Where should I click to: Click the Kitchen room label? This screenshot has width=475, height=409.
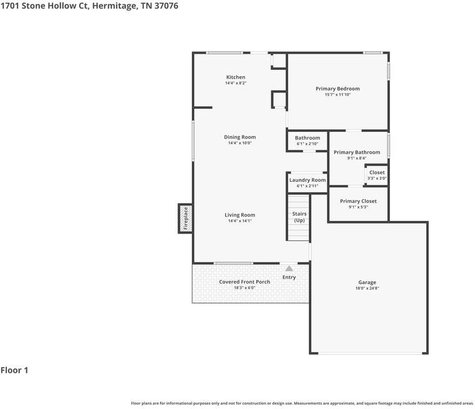(236, 77)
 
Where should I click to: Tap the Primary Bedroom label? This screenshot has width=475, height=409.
(337, 89)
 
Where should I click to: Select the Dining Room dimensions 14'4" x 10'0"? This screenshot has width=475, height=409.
(241, 143)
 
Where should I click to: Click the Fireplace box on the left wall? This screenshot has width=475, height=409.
(185, 219)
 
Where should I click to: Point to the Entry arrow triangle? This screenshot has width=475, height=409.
(289, 269)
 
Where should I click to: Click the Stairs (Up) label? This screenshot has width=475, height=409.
(299, 217)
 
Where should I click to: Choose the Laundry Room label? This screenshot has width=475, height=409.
(307, 180)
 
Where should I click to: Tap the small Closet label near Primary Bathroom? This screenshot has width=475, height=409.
(377, 172)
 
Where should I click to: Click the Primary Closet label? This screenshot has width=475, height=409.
(358, 201)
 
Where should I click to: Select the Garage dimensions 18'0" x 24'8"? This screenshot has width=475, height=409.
(367, 288)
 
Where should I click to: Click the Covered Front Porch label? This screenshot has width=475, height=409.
(244, 282)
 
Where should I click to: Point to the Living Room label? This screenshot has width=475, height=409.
(240, 215)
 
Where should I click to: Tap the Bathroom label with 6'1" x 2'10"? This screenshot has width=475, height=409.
(307, 138)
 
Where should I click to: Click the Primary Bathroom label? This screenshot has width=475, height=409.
(356, 152)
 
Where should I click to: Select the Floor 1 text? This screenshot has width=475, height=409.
(14, 370)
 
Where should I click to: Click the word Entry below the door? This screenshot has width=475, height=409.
(289, 277)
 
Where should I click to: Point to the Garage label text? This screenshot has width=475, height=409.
(367, 282)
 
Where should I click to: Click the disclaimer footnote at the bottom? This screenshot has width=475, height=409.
(302, 403)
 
